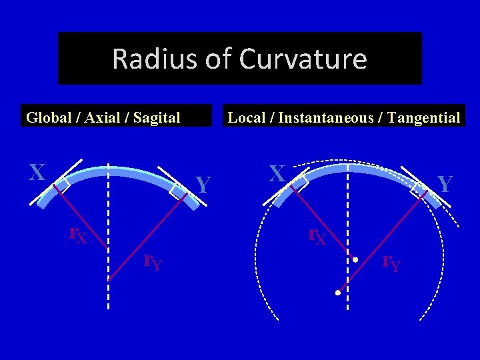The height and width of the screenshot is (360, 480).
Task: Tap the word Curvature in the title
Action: [303, 59]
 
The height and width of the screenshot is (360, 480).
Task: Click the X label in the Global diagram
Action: [37, 173]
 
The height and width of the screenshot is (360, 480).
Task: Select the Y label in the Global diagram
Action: [205, 185]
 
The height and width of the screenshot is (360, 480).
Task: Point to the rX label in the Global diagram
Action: [78, 235]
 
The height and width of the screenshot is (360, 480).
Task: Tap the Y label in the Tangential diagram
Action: [445, 185]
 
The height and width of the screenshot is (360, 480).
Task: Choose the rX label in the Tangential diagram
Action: [317, 235]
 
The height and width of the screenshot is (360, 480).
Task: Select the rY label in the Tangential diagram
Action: [391, 263]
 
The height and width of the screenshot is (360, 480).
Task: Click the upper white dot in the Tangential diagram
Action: [356, 259]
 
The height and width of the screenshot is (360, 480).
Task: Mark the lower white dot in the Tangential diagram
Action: [338, 293]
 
